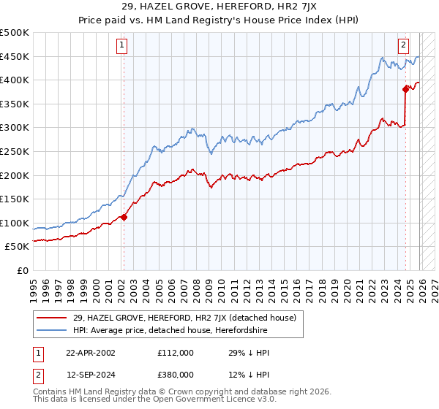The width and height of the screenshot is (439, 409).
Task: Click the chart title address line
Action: pyautogui.click(x=219, y=7)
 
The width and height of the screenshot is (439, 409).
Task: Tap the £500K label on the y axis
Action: pyautogui.click(x=15, y=33)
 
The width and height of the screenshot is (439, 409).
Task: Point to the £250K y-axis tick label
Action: pyautogui.click(x=15, y=151)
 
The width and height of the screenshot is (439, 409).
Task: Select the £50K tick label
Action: pyautogui.click(x=18, y=246)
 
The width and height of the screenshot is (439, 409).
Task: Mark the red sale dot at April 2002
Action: pyautogui.click(x=124, y=217)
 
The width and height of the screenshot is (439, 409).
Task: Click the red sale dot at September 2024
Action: pyautogui.click(x=405, y=89)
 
